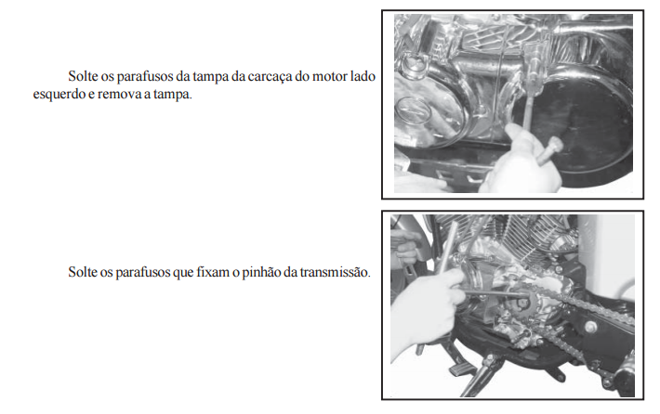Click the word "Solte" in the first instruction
(83, 76)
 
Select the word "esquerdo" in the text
(59, 95)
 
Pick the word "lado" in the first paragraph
(363, 76)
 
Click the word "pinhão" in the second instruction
(261, 272)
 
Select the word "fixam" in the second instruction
(213, 272)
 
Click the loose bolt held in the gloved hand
(549, 150)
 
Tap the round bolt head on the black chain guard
(589, 327)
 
